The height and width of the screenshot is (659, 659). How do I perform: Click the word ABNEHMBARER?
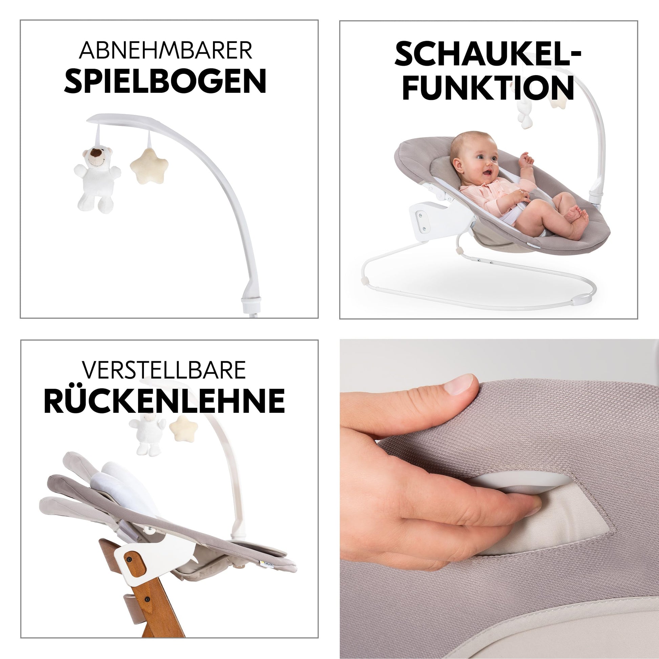166,50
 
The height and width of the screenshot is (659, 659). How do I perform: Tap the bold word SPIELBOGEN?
165,81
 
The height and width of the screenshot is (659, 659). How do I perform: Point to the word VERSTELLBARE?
164,370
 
